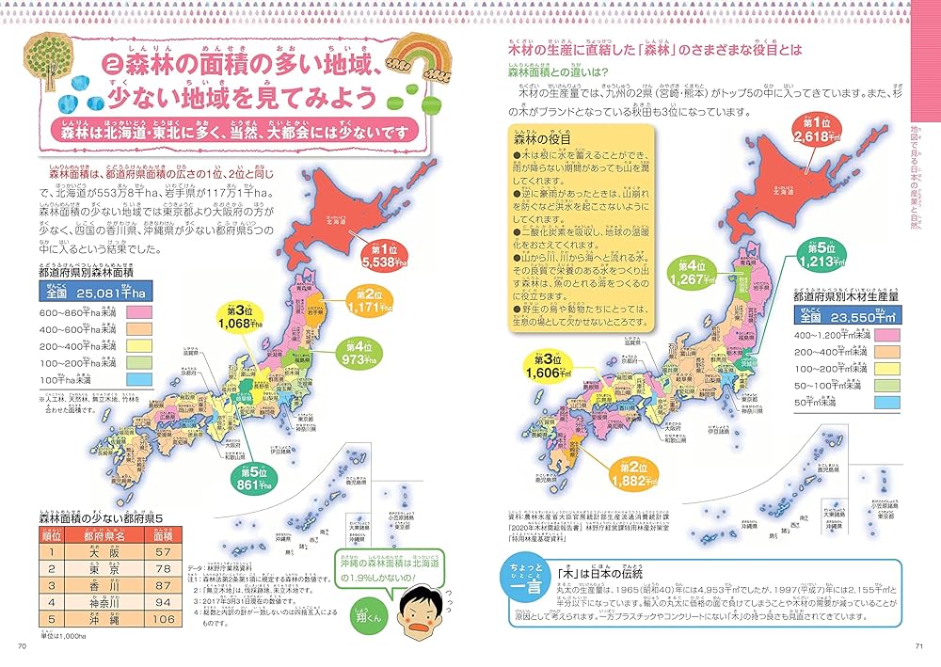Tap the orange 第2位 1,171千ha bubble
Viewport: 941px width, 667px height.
pos(367,300)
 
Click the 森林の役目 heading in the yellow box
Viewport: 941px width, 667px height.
pos(542,138)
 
